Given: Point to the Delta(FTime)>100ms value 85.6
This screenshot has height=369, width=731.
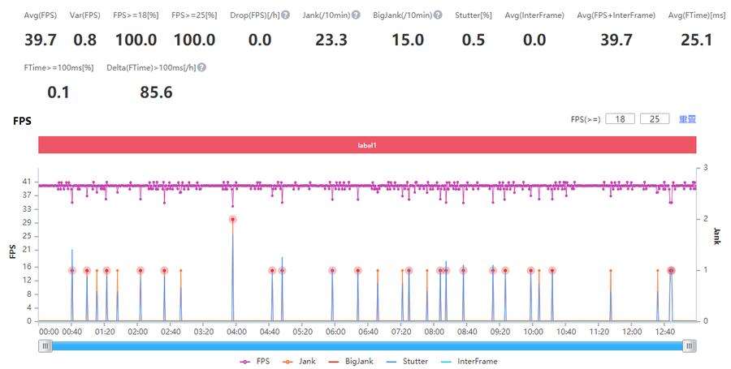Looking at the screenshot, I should pyautogui.click(x=156, y=92).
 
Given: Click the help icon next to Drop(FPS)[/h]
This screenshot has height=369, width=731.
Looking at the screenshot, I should pyautogui.click(x=286, y=15).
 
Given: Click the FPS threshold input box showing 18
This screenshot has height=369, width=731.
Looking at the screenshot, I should pyautogui.click(x=620, y=119).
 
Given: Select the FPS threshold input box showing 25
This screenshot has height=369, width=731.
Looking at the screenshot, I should pyautogui.click(x=654, y=119).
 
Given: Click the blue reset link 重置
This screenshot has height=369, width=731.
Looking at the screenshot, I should pyautogui.click(x=687, y=119).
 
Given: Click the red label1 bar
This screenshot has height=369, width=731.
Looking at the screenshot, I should pyautogui.click(x=367, y=145).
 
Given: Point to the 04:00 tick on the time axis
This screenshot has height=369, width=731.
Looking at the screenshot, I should pyautogui.click(x=236, y=332).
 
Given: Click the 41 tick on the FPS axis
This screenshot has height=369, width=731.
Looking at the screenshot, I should pyautogui.click(x=26, y=181).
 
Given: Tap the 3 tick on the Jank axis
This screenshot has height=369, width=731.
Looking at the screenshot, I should pyautogui.click(x=707, y=167).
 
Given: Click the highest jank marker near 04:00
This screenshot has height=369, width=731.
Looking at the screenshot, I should pyautogui.click(x=233, y=219).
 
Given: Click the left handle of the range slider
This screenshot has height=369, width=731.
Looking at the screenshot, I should pyautogui.click(x=46, y=345).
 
